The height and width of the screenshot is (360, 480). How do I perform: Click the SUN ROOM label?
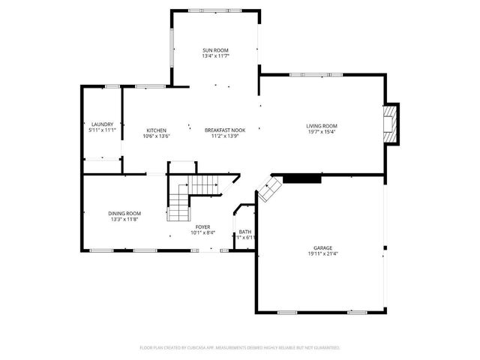(x=215, y=49)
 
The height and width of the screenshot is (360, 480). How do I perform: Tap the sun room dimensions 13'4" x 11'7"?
(x=215, y=56)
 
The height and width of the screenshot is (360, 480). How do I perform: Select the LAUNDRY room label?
(x=101, y=124)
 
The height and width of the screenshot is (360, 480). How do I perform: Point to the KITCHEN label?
(x=156, y=130)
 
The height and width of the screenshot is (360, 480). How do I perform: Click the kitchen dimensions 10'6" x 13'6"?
(x=156, y=137)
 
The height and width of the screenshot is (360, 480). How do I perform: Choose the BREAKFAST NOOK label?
(x=224, y=130)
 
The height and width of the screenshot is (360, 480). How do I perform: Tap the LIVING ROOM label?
(x=321, y=125)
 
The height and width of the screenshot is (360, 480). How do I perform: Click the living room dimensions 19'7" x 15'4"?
(x=321, y=132)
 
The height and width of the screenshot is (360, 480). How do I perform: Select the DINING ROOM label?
(x=124, y=213)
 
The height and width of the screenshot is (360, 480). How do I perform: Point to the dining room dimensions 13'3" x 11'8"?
(x=124, y=220)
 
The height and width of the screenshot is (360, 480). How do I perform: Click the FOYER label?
(x=202, y=226)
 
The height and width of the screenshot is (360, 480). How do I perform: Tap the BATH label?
(x=245, y=232)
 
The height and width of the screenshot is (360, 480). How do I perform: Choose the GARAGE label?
(x=322, y=247)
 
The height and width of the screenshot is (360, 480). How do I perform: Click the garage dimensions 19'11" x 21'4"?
(x=322, y=253)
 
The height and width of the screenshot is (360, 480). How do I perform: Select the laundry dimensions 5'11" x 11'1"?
(x=101, y=130)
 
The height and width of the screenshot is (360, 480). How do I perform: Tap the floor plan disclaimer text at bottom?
(x=240, y=348)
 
